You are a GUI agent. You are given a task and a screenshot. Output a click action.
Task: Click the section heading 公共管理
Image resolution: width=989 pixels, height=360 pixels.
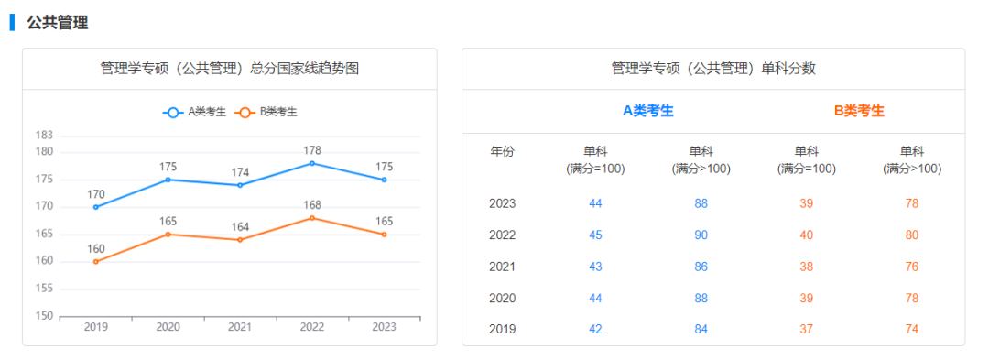coord(57,23)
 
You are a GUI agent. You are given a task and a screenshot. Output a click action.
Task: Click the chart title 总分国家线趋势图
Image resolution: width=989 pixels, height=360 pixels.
coord(229,69)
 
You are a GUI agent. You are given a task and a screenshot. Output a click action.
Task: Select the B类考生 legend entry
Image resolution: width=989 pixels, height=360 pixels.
coord(267,112)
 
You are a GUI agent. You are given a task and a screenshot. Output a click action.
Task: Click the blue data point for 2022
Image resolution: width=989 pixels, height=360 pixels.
coord(312,163)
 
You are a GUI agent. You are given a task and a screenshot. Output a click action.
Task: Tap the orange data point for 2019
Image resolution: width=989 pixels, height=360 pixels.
coord(96,262)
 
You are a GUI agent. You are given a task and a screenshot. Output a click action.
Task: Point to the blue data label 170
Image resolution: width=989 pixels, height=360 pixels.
coord(96,194)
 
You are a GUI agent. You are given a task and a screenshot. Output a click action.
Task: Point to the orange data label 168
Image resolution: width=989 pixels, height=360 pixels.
coord(312,205)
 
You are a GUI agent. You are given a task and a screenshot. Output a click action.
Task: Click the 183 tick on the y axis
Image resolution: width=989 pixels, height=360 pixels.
coord(44,136)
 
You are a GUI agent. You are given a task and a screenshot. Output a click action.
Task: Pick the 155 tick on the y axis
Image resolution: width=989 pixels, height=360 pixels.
coord(44,289)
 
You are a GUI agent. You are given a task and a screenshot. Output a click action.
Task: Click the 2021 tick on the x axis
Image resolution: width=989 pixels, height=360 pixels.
coord(240,327)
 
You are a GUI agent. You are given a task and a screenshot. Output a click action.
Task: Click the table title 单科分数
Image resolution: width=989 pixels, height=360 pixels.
coord(712,69)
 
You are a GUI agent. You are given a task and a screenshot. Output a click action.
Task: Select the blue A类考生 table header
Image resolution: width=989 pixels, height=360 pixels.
coord(648,111)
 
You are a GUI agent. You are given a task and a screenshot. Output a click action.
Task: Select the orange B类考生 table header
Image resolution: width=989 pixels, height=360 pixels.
coord(859,111)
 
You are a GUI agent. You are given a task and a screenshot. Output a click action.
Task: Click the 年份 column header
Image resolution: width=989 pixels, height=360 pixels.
coord(503,152)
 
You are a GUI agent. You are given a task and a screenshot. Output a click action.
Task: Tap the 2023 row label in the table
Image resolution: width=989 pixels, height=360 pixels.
coord(503,203)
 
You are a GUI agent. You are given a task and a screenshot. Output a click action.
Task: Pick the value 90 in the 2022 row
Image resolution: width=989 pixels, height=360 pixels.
coord(701,235)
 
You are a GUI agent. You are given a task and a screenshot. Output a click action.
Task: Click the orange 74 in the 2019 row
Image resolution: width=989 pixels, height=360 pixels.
coord(912,329)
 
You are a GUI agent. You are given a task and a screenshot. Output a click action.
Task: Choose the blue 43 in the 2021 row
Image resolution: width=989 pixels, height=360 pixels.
coord(596,267)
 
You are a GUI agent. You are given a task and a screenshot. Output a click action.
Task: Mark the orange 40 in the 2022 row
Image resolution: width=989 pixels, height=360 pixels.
coord(806,235)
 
